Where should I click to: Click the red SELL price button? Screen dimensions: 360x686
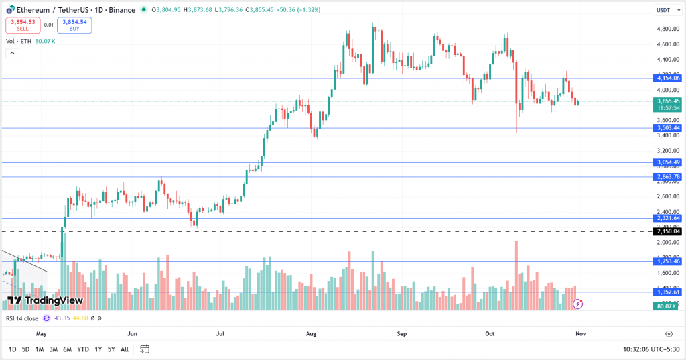(23, 25)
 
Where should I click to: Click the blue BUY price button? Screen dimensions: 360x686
(75, 25)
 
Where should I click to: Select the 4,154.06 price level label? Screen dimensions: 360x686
(668, 78)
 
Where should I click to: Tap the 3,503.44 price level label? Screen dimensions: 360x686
(668, 128)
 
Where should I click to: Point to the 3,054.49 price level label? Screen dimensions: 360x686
(668, 162)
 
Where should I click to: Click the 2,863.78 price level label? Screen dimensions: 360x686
(668, 177)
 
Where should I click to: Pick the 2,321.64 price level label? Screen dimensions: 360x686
(668, 218)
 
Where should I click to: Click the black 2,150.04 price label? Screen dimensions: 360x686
(668, 231)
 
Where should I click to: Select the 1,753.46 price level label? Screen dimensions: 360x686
(668, 261)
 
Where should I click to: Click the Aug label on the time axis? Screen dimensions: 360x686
(311, 333)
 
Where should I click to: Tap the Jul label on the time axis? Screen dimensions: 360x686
(220, 333)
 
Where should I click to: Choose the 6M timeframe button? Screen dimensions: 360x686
(67, 349)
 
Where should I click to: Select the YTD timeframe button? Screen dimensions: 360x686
(83, 349)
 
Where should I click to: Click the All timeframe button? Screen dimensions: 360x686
(125, 349)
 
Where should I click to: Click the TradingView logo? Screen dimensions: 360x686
(45, 300)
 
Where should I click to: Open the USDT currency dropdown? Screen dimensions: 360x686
(663, 10)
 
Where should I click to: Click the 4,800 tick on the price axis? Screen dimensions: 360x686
(667, 29)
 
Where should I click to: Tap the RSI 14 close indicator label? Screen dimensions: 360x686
(22, 318)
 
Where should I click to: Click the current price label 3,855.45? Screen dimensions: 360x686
(668, 101)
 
